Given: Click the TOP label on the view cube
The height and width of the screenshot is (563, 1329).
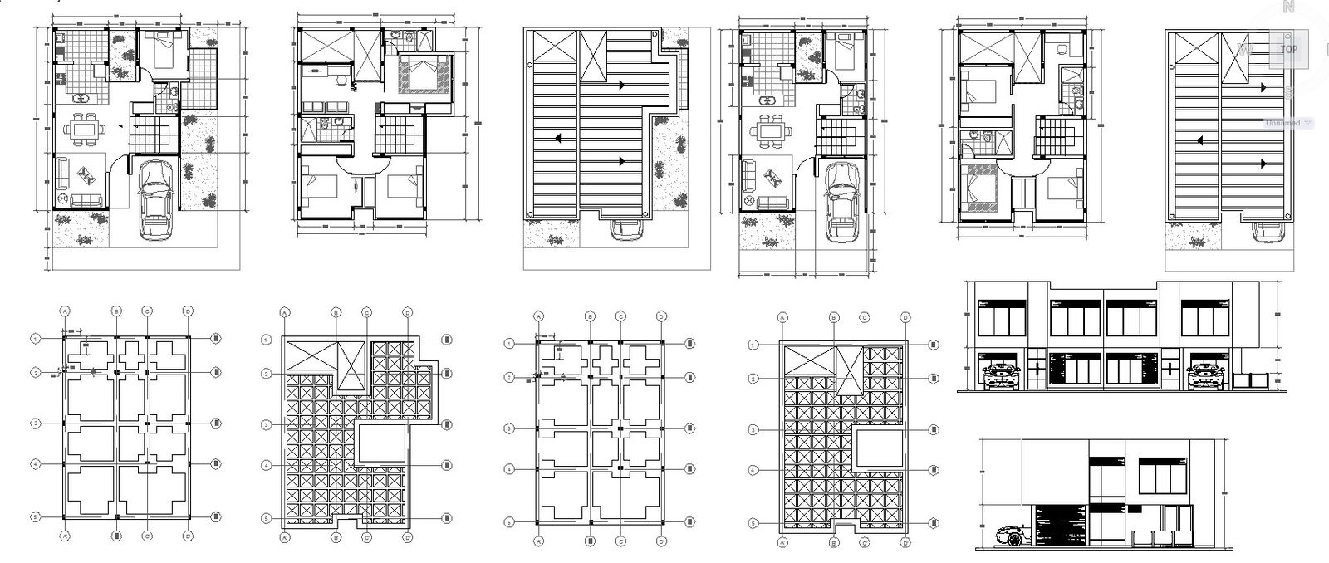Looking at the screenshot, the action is tap(1288, 49).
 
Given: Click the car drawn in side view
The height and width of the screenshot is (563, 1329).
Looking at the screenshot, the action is tap(1007, 536).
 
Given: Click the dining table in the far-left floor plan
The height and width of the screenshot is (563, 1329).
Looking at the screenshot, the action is tap(81, 130).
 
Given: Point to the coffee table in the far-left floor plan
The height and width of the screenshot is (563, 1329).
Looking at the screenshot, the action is tap(86, 175).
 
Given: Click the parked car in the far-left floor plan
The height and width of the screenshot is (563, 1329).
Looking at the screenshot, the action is tap(155, 199).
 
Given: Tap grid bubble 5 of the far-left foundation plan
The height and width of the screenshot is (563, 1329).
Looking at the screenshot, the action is tap(36, 516).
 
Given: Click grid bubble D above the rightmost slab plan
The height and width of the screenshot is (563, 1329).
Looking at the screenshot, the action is tap(904, 317).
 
